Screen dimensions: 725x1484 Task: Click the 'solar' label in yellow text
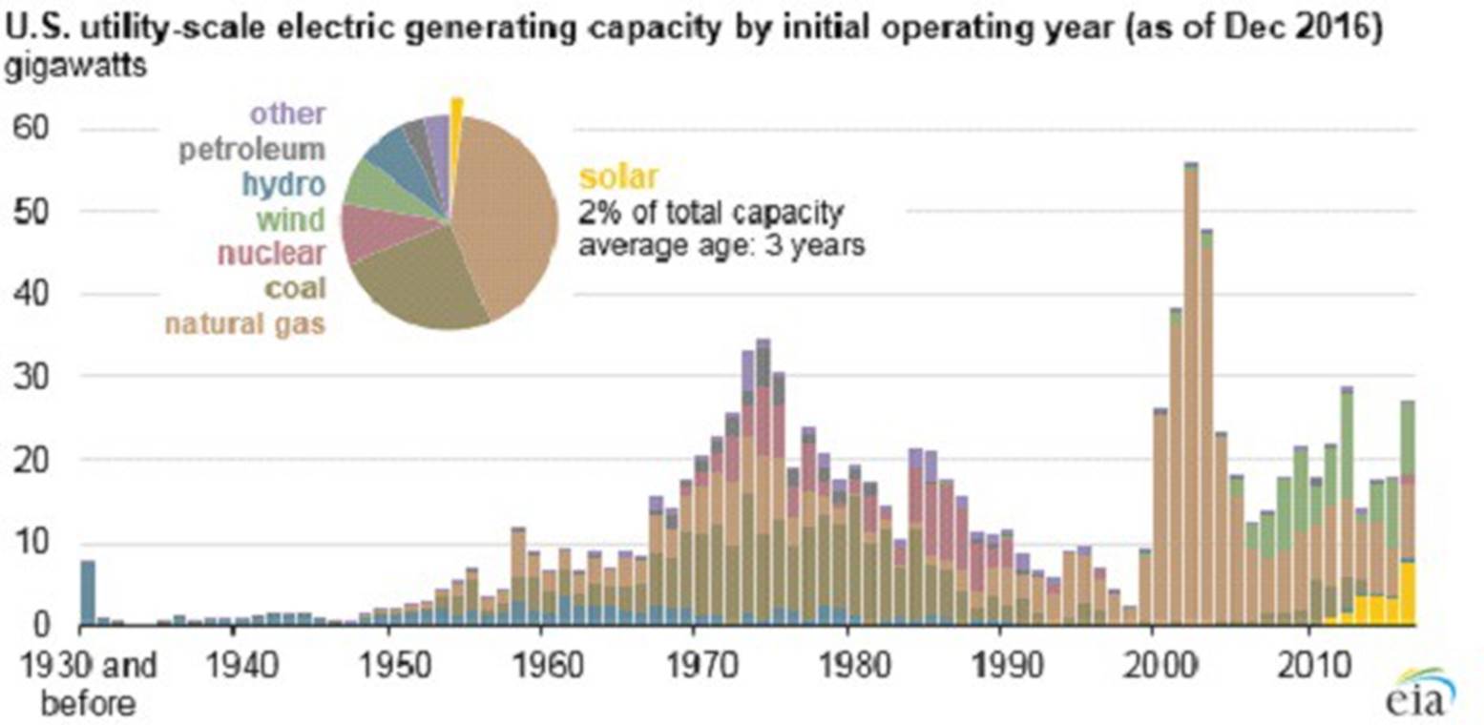coord(618,176)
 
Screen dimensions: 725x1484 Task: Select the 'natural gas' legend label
coord(245,323)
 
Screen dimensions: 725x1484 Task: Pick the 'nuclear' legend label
coord(272,253)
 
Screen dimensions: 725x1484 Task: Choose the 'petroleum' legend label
coord(258,150)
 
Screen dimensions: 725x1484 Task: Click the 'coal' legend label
coord(296,287)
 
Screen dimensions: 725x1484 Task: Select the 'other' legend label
coord(289,115)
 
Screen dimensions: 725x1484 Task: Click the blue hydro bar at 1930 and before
coord(88,592)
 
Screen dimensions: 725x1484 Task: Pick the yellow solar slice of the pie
coord(456,107)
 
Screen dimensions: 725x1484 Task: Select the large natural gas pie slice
coord(506,210)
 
